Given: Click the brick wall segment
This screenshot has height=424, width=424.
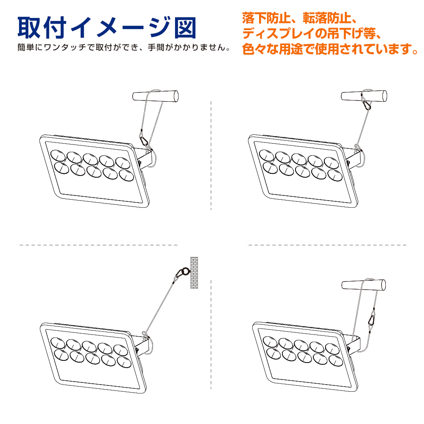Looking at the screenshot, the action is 194,273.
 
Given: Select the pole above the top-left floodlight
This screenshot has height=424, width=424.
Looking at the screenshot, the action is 156,96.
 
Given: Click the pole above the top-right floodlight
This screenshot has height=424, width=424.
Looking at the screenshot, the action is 364,96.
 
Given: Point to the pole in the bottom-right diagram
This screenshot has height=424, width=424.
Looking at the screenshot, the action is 364,285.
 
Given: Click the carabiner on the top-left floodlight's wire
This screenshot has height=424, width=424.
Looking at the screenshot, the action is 144,141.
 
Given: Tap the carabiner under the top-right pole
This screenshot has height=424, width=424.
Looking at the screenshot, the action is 366,104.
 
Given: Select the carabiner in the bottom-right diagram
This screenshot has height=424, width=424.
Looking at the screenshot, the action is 371,320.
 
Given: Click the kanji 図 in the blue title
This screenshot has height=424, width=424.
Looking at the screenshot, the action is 186,28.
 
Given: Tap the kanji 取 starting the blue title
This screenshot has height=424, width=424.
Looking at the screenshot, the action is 29,28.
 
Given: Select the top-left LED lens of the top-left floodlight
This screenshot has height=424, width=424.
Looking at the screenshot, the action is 58,156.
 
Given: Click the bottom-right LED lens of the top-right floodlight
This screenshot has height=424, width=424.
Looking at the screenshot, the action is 335,175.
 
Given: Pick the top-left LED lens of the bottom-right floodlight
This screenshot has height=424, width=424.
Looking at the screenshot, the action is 270,341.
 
